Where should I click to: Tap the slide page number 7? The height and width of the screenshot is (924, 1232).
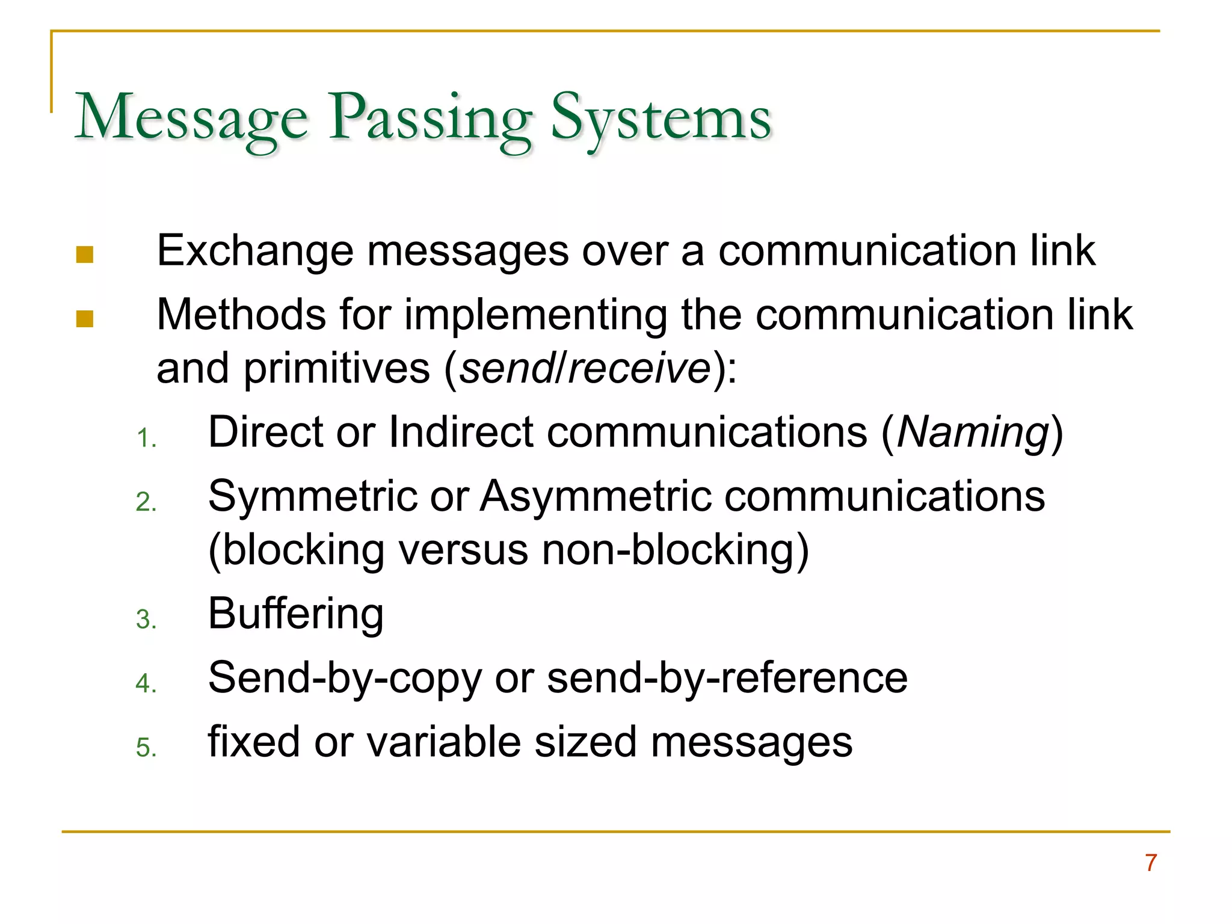(x=1151, y=863)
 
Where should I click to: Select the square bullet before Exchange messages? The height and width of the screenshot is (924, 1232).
(x=85, y=255)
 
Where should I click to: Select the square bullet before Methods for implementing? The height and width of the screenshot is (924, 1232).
(x=85, y=319)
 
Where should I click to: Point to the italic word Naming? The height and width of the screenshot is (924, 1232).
(x=973, y=433)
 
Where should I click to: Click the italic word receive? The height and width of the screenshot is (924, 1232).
(x=639, y=368)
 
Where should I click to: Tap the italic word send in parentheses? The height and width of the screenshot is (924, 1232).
(x=507, y=368)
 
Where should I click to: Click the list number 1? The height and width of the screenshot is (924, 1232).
(x=146, y=438)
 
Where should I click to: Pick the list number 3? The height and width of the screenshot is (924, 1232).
(x=146, y=620)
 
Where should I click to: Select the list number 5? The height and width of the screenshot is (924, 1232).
(x=146, y=748)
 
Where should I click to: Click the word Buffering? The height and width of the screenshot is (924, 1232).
(x=295, y=614)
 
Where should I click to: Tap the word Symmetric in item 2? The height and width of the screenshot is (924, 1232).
(x=312, y=497)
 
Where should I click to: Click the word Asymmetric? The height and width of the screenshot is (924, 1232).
(x=595, y=497)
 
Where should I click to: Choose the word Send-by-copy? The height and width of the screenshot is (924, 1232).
(x=345, y=679)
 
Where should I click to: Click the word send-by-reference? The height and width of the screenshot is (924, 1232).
(x=727, y=679)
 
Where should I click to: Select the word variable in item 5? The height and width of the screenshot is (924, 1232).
(x=443, y=742)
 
